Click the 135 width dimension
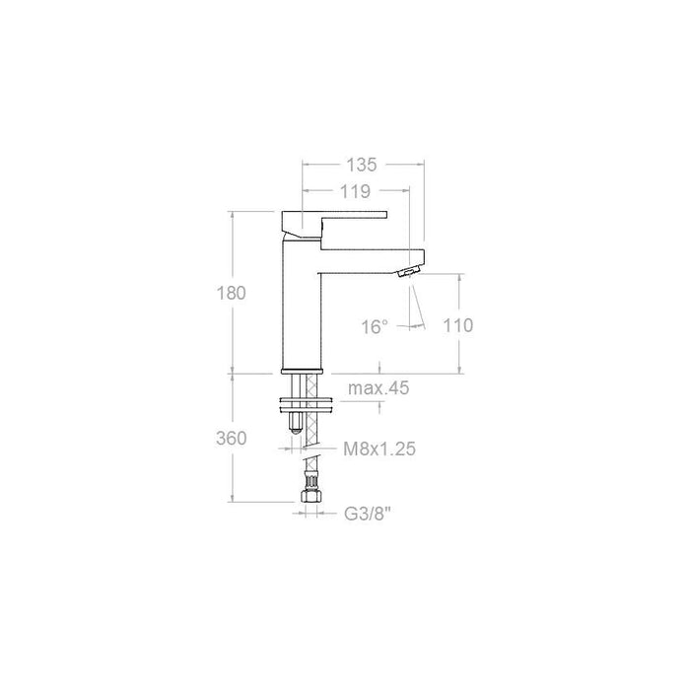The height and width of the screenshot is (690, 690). click(363, 165)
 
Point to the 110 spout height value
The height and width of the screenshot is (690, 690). click(459, 325)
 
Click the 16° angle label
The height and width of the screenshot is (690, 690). click(376, 326)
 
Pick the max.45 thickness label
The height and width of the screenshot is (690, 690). click(378, 388)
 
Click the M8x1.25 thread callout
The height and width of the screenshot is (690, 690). click(379, 449)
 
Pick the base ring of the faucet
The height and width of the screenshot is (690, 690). click(303, 371)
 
